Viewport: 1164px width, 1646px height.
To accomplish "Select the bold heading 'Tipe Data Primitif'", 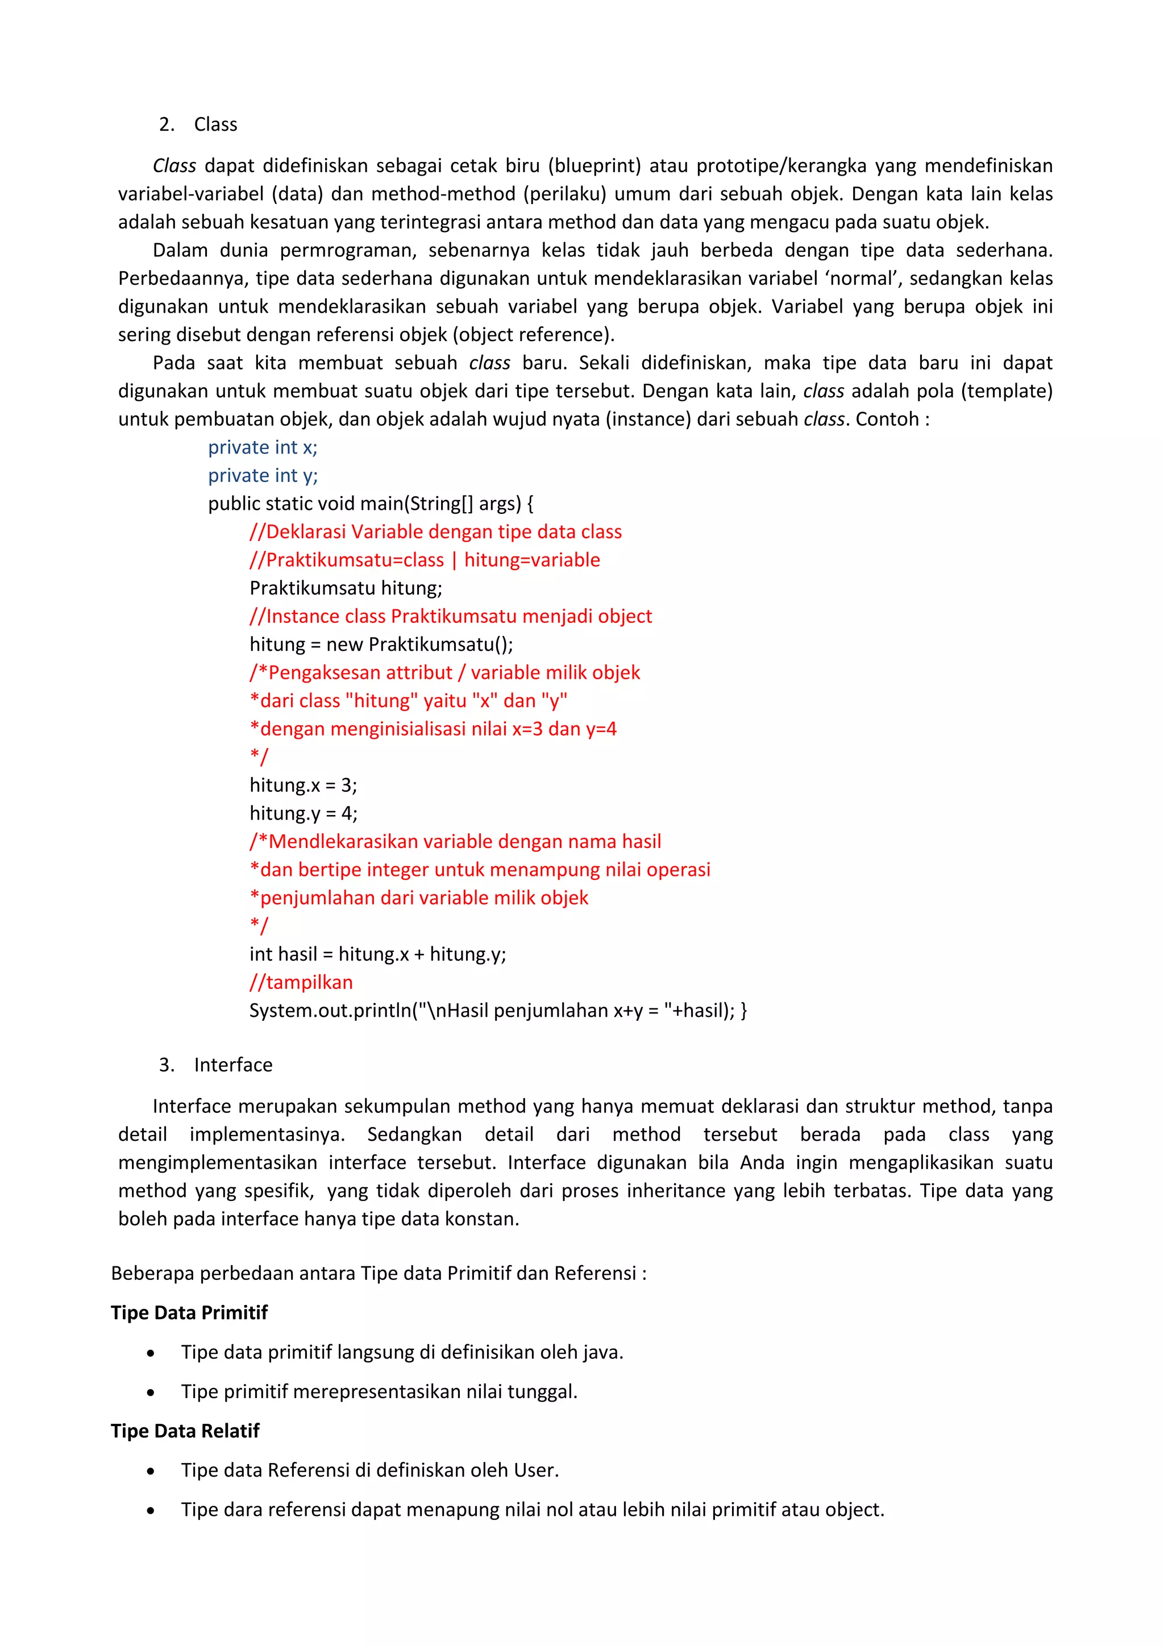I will (189, 1312).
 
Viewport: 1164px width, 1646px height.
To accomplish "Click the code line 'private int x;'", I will (263, 447).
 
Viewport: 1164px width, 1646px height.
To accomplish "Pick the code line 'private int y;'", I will (263, 475).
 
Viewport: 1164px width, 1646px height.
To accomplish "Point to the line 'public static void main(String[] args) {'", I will (371, 503).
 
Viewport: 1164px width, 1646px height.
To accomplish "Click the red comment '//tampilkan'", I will (301, 982).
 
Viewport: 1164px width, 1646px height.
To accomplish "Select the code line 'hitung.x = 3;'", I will (303, 785).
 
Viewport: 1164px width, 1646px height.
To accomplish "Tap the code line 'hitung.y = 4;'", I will (303, 813).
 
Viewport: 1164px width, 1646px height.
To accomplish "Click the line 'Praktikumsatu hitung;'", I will (346, 588).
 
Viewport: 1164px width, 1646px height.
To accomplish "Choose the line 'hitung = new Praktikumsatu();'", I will (381, 645).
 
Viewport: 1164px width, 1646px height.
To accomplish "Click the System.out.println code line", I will (498, 1010).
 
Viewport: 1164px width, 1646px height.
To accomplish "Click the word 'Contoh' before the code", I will (887, 419).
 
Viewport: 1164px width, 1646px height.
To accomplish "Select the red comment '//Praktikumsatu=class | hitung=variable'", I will (425, 560).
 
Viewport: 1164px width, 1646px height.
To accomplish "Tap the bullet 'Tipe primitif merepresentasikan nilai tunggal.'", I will (379, 1391).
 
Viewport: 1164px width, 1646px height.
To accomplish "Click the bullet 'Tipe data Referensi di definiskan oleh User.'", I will (370, 1470).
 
